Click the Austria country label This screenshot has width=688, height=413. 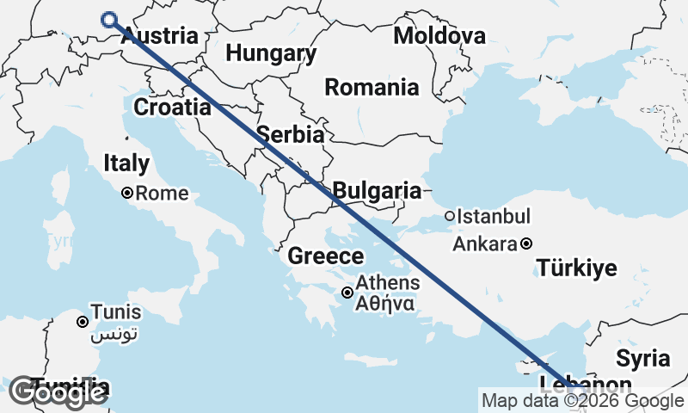pos(160,36)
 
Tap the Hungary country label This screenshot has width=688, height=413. pos(271,53)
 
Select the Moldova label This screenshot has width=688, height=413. pos(439,35)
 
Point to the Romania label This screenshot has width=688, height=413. pos(372,87)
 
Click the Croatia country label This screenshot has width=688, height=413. pos(172,108)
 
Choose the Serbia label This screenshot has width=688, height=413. pos(291,134)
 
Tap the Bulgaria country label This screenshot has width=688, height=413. pos(377,191)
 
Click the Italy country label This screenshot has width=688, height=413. pos(126,163)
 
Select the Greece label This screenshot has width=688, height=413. pos(325,256)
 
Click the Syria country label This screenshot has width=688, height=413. pos(642,358)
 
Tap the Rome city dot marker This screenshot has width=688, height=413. pos(127,194)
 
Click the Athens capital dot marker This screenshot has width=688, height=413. pos(347,293)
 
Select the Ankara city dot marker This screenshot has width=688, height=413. pos(525,243)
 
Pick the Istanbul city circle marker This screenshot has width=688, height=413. pos(449,216)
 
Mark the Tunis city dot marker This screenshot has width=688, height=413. pos(83,322)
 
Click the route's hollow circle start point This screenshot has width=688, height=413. pos(109,21)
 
